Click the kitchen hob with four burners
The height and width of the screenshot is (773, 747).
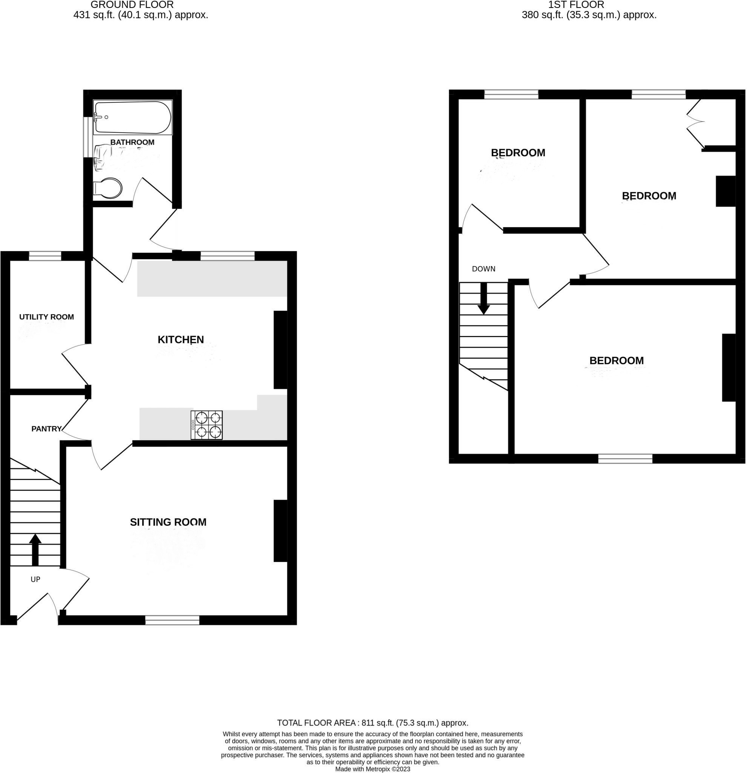[x=206, y=425]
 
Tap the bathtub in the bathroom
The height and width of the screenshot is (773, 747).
[x=132, y=117]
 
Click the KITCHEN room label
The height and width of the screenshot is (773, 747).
[x=181, y=340]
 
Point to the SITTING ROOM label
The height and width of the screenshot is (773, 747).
[x=168, y=522]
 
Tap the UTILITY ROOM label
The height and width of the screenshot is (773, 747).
[x=46, y=317]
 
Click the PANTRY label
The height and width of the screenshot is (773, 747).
[x=46, y=429]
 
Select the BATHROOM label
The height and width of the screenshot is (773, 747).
[x=132, y=142]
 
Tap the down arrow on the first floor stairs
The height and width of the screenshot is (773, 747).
[x=483, y=299]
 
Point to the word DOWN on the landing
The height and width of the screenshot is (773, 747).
[x=483, y=269]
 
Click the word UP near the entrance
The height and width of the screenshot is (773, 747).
[x=35, y=579]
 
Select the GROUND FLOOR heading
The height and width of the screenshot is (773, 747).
[x=132, y=5]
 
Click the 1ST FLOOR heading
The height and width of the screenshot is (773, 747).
[x=576, y=5]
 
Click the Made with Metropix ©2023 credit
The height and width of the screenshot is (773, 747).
[x=372, y=769]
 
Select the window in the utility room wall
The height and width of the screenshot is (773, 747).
[x=45, y=256]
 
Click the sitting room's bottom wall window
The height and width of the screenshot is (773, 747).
[x=172, y=621]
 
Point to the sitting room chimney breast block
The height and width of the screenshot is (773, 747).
[x=281, y=531]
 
